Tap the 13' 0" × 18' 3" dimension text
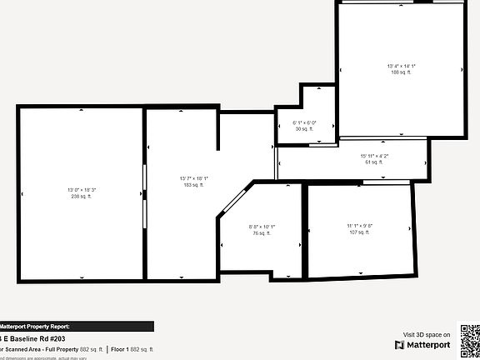pyautogui.click(x=82, y=191)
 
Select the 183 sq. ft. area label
pyautogui.click(x=192, y=185)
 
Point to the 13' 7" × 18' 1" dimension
pyautogui.click(x=192, y=178)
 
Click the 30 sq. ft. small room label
pyautogui.click(x=304, y=129)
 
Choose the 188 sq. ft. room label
pyautogui.click(x=401, y=72)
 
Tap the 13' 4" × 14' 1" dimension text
pyautogui.click(x=401, y=66)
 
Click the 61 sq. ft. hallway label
pyautogui.click(x=374, y=162)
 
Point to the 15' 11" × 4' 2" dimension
pyautogui.click(x=374, y=156)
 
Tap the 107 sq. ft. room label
pyautogui.click(x=360, y=232)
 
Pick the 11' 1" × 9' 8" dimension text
pyautogui.click(x=360, y=226)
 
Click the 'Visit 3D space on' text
pyautogui.click(x=426, y=333)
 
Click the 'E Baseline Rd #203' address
pyautogui.click(x=30, y=338)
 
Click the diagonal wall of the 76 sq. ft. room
pyautogui.click(x=233, y=201)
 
